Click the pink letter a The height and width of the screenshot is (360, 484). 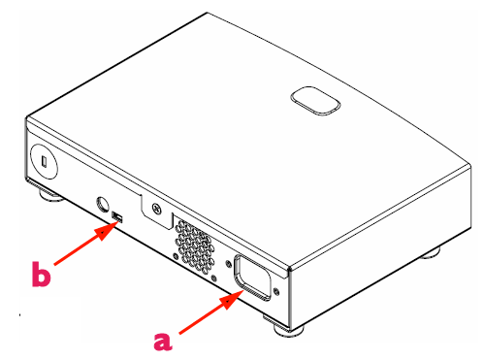point(163,341)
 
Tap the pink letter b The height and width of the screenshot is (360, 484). point(41,274)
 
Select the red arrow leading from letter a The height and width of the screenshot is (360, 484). point(210,311)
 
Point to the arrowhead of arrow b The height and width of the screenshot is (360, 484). point(107,230)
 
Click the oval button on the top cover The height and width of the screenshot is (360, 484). point(315,101)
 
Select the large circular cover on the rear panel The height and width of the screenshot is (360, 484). point(44,161)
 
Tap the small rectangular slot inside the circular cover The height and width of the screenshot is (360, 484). point(45,161)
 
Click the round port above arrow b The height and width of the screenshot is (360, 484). point(103,204)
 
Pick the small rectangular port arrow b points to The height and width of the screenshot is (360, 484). point(117,217)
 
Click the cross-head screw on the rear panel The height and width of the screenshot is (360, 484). point(157,208)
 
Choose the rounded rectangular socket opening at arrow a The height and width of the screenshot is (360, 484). point(253,278)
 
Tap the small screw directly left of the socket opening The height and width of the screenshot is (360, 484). point(228,263)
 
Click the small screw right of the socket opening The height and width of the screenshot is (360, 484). point(275,291)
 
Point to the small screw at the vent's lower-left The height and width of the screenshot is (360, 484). point(176,256)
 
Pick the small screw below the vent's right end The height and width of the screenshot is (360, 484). point(213,278)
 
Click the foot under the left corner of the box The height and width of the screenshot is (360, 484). point(51,196)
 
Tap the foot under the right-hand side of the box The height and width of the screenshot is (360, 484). point(430,252)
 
